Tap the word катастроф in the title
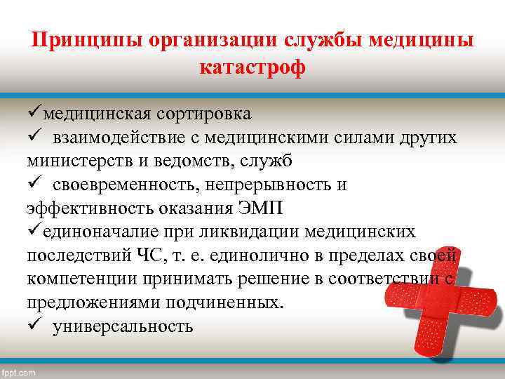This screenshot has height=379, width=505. [x=252, y=69]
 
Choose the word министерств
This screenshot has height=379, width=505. [x=76, y=161]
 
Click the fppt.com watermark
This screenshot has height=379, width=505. [x=19, y=373]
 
